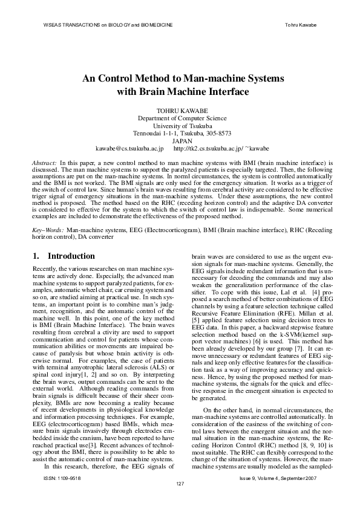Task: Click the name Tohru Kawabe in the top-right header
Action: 301,25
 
